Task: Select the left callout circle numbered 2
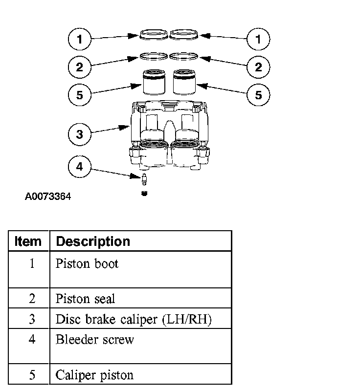79,67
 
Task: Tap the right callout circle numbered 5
258,94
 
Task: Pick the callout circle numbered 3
79,134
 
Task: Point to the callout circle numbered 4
79,167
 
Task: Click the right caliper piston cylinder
185,83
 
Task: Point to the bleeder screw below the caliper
144,179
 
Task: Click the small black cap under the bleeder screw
144,194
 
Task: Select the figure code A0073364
48,197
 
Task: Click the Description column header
93,241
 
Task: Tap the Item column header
28,241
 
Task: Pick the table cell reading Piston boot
87,264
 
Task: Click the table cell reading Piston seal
86,298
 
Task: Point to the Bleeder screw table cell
95,339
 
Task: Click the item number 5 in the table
32,375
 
